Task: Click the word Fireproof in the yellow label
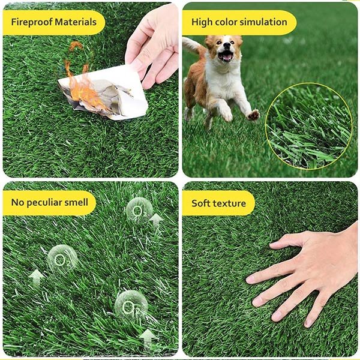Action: coord(32,22)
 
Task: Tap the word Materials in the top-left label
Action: coord(76,22)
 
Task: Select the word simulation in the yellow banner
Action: coord(263,22)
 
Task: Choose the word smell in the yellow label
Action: coord(76,202)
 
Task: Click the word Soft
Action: coord(200,203)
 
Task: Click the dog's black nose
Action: coord(227,46)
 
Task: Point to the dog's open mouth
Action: coord(226,56)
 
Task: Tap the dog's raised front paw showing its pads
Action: coord(253,115)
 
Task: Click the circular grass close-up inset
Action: coord(308,126)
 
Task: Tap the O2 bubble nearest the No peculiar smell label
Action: coord(62,259)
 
